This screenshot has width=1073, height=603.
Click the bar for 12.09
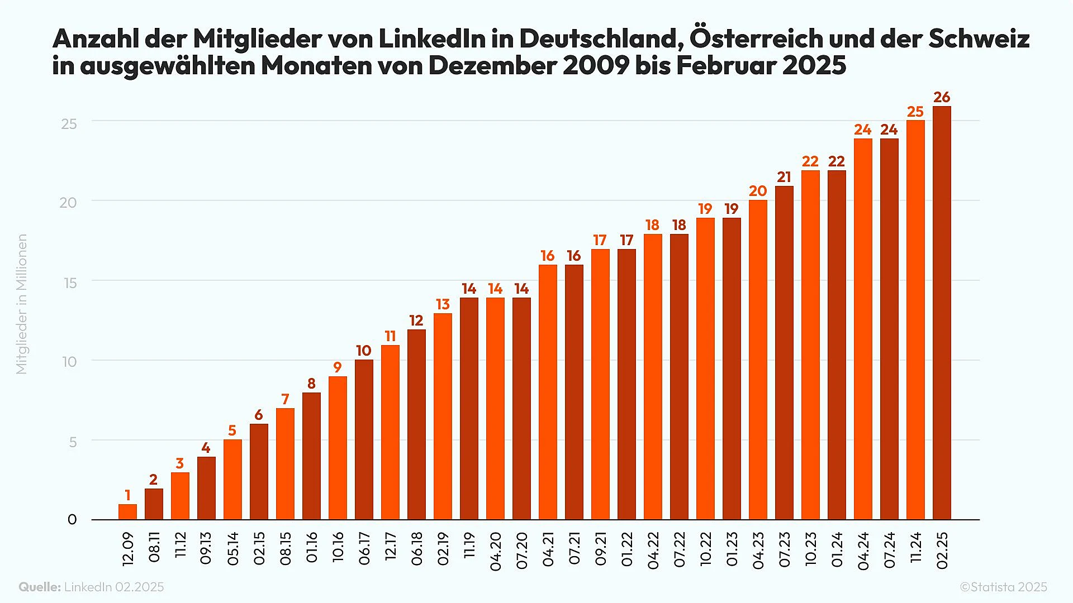[127, 512]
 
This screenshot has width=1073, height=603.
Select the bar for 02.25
[942, 313]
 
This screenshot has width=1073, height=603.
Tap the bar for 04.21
[548, 392]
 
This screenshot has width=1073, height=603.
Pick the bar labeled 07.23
[784, 353]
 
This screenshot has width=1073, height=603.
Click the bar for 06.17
[364, 439]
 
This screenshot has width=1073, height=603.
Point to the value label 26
[942, 97]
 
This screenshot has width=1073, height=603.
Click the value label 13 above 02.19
[443, 304]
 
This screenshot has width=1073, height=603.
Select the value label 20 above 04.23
[758, 191]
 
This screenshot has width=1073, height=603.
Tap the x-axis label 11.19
[469, 545]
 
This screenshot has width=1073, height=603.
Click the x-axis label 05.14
[232, 548]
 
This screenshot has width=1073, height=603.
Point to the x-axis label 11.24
[915, 547]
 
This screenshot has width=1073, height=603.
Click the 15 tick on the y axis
[70, 283]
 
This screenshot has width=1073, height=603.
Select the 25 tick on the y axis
[69, 124]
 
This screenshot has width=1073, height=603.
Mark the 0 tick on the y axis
[72, 520]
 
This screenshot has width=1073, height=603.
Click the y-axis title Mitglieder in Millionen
[21, 304]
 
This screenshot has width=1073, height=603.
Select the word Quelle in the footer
[39, 587]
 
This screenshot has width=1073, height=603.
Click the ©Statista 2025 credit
[1003, 587]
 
